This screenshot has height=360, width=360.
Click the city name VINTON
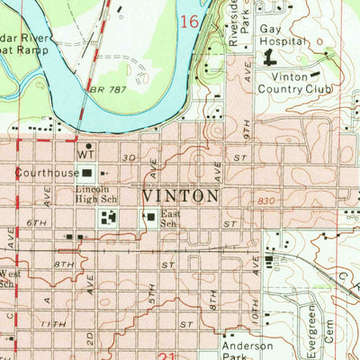(x=180, y=195)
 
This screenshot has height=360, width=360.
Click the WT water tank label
(x=86, y=155)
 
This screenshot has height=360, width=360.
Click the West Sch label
(x=8, y=278)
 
